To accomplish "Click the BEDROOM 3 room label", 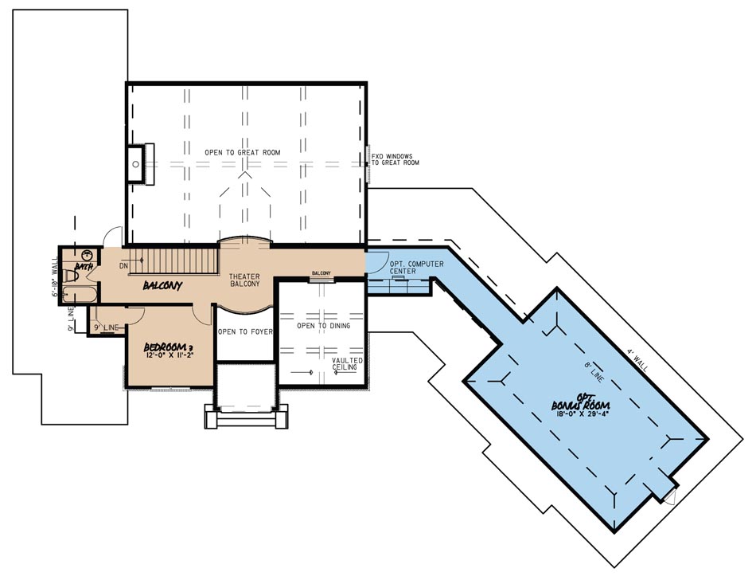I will click(169, 347).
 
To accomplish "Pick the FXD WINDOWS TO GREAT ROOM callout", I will click(395, 159).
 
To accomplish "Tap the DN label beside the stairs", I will click(123, 265).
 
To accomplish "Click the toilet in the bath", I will click(72, 276).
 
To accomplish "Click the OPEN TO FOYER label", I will click(245, 332).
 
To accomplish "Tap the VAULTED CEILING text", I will click(348, 365).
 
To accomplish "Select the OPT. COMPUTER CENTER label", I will click(416, 267).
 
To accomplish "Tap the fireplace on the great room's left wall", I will click(138, 164).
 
